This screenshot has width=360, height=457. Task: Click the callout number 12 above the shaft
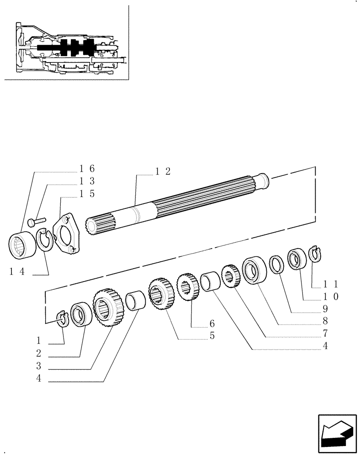pyautogui.click(x=162, y=172)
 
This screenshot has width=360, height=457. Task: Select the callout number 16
pyautogui.click(x=87, y=169)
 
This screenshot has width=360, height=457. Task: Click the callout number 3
pyautogui.click(x=39, y=366)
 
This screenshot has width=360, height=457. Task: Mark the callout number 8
pyautogui.click(x=324, y=321)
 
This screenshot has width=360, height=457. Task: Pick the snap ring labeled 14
pyautogui.click(x=44, y=240)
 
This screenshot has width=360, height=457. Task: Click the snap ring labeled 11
pyautogui.click(x=315, y=254)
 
